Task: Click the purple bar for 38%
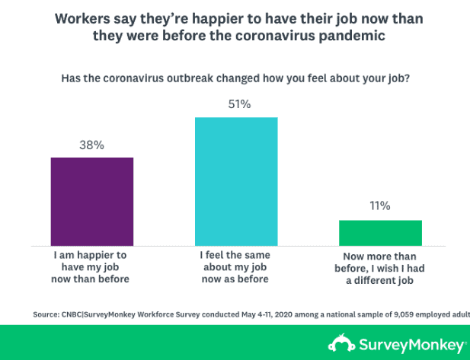[92, 201]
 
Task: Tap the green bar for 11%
[380, 232]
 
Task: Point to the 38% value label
[92, 145]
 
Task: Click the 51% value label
[236, 104]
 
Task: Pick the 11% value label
[380, 206]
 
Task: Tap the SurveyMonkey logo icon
[339, 342]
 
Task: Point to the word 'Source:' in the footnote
[47, 314]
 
